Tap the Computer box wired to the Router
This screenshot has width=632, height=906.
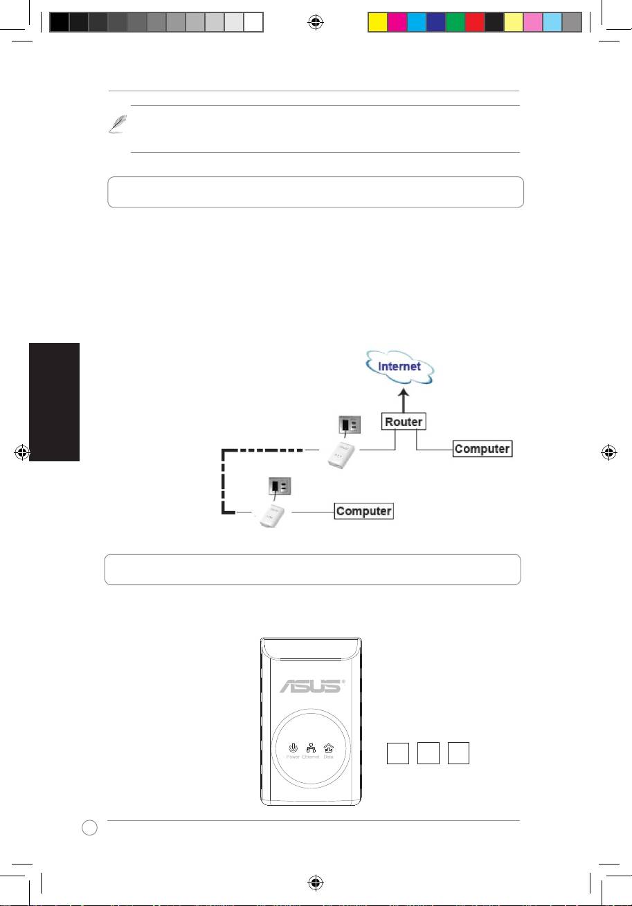tap(482, 449)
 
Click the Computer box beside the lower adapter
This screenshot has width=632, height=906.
tap(364, 512)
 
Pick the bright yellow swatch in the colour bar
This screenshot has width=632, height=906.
tap(377, 22)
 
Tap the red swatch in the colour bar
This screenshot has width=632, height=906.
tap(474, 22)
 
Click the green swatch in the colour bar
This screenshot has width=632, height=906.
tap(455, 22)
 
